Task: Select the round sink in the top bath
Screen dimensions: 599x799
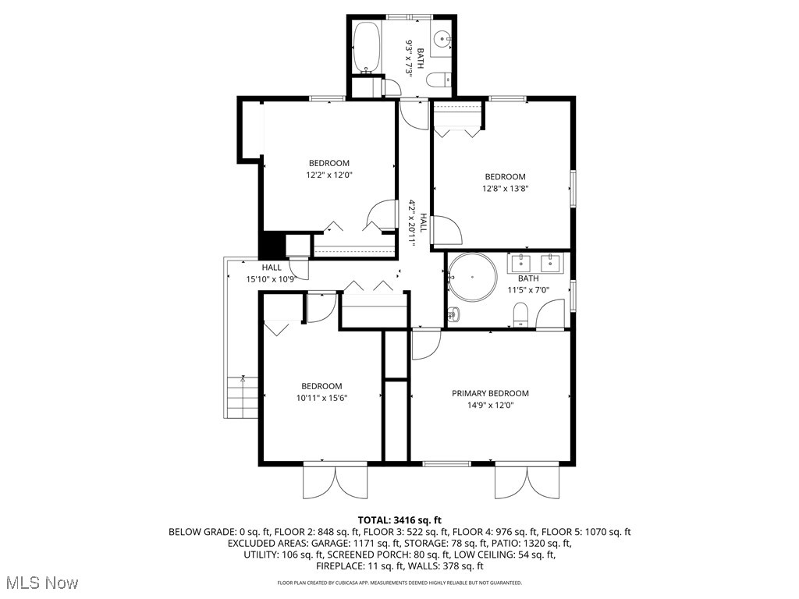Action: point(443,37)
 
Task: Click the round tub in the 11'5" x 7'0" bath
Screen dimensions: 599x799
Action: point(473,277)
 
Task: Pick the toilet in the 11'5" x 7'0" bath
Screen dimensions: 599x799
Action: point(521,315)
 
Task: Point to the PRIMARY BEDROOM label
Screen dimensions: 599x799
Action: point(490,393)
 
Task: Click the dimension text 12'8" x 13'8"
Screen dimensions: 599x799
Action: point(505,188)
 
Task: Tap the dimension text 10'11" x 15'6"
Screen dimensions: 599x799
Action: point(321,398)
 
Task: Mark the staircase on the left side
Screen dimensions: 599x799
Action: point(241,397)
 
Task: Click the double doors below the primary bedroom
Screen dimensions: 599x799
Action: point(527,481)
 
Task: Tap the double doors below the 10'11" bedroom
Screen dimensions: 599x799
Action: point(335,481)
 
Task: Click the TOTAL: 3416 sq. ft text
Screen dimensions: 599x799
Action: point(399,519)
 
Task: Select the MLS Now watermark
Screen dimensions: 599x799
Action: point(40,583)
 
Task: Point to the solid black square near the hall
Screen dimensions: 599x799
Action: point(272,244)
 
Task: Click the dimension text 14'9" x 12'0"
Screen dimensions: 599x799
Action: point(490,406)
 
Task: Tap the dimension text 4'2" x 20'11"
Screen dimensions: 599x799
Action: point(413,222)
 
